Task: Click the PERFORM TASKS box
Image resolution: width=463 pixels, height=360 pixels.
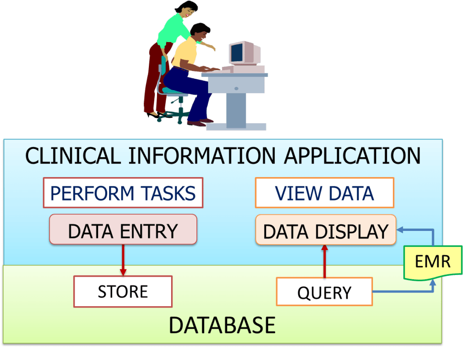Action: tap(123, 193)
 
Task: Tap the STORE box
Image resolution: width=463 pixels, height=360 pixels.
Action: tap(123, 292)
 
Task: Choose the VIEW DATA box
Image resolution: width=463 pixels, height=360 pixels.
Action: tap(325, 193)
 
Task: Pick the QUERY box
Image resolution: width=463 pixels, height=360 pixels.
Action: tap(324, 292)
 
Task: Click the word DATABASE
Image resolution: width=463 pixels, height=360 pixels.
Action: tap(222, 325)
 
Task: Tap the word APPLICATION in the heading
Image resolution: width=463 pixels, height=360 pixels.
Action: tap(352, 155)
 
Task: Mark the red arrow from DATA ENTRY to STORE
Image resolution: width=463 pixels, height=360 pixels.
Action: tap(123, 260)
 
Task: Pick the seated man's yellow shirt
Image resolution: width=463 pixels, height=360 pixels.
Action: tap(185, 53)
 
